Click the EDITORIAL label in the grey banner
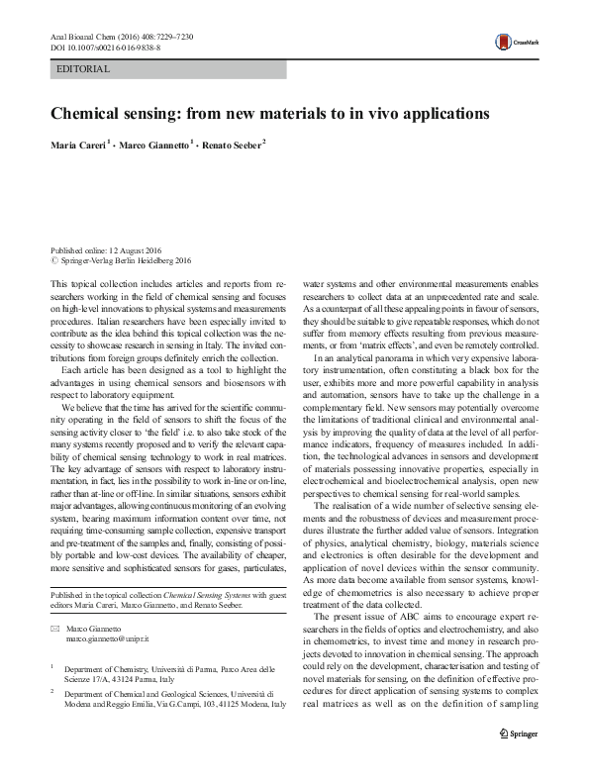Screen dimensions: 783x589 pyautogui.click(x=83, y=69)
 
